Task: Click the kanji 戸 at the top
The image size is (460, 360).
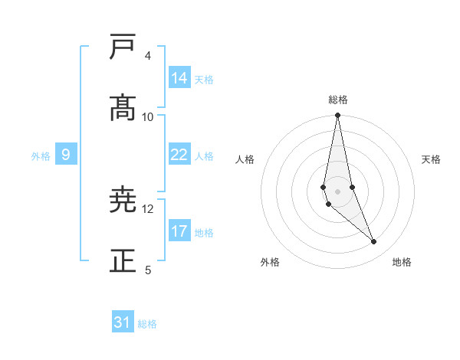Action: click(123, 47)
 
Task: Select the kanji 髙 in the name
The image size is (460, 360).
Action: click(123, 108)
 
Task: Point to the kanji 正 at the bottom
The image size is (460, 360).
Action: click(123, 261)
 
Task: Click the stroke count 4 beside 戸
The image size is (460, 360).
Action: click(147, 56)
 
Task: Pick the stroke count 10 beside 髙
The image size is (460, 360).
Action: click(148, 116)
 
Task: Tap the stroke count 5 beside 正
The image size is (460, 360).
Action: click(147, 270)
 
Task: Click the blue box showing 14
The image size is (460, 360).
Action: click(179, 78)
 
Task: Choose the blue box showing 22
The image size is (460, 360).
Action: click(179, 155)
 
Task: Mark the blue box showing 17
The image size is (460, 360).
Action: click(179, 231)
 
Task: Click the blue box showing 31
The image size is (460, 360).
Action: click(123, 322)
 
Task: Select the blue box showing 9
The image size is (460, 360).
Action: click(66, 155)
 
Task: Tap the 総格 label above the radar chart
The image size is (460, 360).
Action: click(338, 100)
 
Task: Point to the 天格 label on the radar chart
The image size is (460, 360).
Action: click(431, 159)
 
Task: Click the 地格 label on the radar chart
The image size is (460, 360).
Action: click(402, 262)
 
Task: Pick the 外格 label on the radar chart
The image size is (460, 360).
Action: click(270, 262)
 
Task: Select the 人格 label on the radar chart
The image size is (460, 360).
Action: click(245, 159)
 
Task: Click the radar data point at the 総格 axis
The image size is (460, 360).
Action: click(338, 116)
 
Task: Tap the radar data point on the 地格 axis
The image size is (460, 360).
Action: click(374, 242)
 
